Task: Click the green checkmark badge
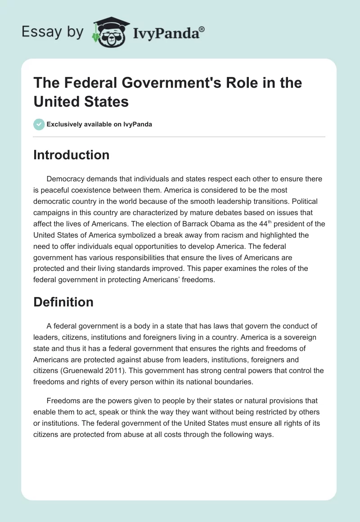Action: coord(39,124)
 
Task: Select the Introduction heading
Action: coord(71,155)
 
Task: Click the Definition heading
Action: coord(63,302)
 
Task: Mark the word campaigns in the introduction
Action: coord(52,212)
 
